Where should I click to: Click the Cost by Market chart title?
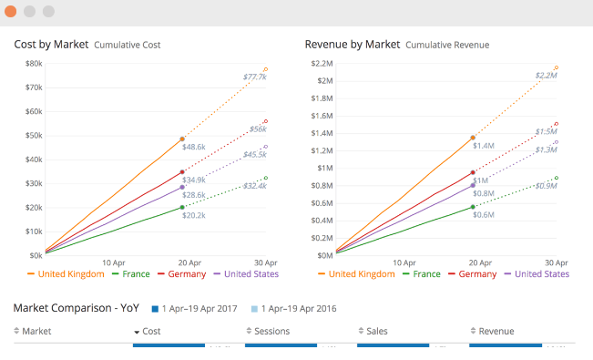coord(51,44)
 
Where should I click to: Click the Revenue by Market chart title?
coord(352,44)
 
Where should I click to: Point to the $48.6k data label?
coord(194,147)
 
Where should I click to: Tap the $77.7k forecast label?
coord(255,77)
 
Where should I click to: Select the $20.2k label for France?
coord(194,216)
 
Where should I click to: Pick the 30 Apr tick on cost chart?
coord(266,262)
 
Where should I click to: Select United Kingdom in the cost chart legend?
coord(63,273)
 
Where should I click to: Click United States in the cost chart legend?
coord(246,273)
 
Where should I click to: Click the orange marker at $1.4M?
coord(473,138)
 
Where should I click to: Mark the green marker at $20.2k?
coord(181,207)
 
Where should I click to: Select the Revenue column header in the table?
coord(496,332)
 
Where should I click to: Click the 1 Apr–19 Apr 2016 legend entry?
coord(290,309)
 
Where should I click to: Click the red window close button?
coord(10,12)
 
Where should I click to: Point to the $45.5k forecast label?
coord(255,155)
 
